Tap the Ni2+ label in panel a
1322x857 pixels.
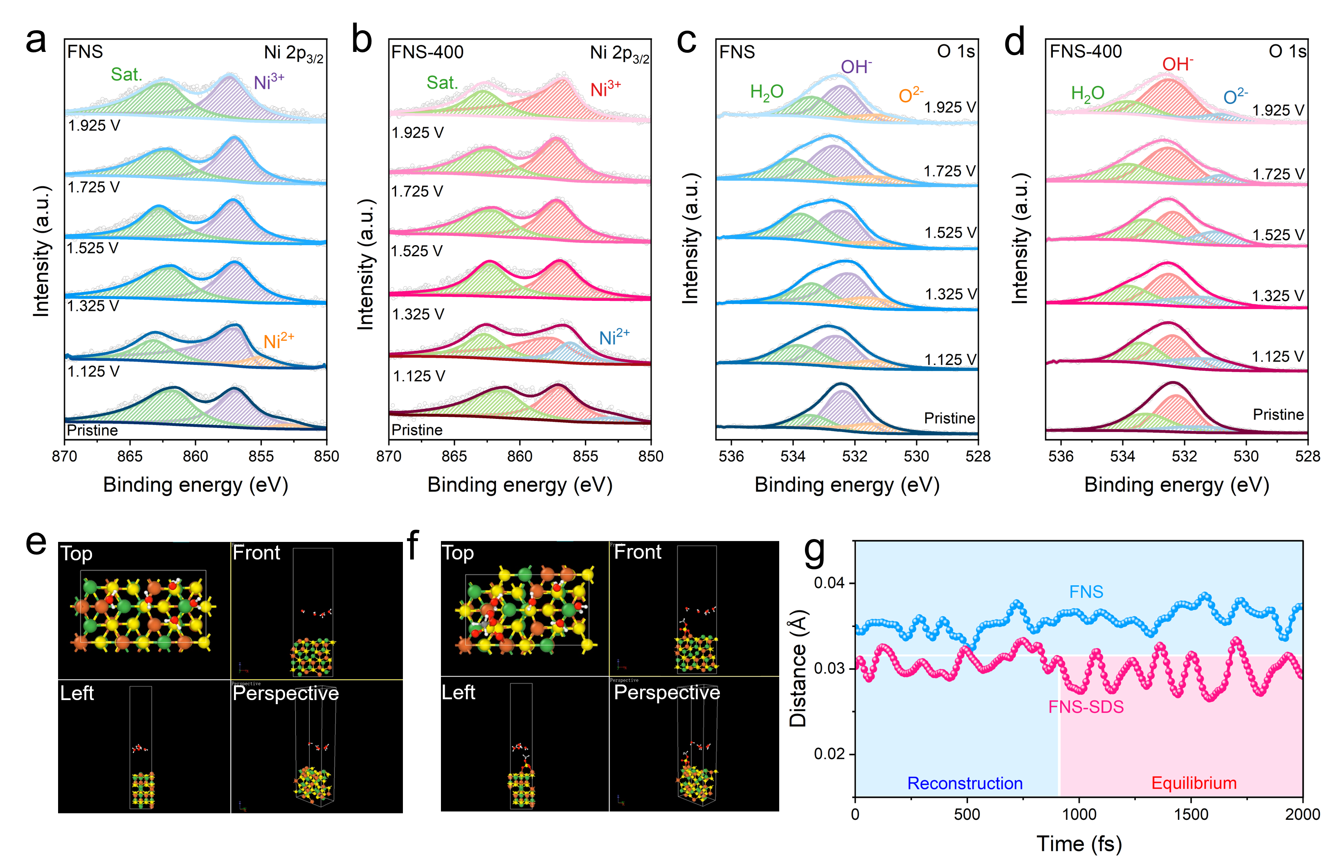coord(278,340)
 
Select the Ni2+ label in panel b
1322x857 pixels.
coord(614,337)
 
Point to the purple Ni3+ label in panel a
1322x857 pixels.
coord(269,82)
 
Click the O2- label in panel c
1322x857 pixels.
coord(911,95)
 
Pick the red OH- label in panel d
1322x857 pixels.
coord(1178,64)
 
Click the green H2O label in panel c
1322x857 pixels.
coord(767,92)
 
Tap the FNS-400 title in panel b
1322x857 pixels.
coord(427,52)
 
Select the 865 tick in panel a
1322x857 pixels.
coord(130,456)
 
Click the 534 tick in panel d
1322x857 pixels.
coord(1122,456)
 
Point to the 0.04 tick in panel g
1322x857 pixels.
coord(829,583)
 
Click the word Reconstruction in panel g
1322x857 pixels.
coord(965,783)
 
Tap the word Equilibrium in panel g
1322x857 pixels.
coord(1194,783)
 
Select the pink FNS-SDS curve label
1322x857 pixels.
coord(1086,707)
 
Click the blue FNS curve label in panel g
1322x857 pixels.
coord(1086,592)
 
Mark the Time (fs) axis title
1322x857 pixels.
coord(1079,844)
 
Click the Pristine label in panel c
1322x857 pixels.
coord(949,418)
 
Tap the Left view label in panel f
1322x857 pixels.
coord(458,693)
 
